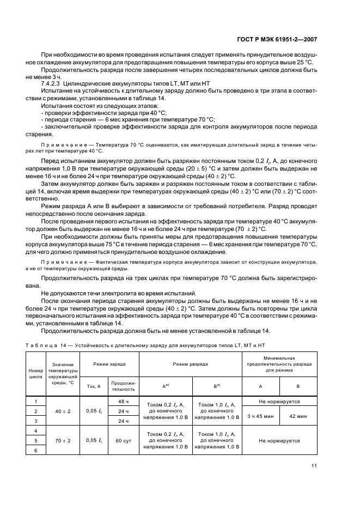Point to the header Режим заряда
pos(109,363)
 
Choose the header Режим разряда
pos(190,363)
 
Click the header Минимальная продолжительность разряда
pos(279,363)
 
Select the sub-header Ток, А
pos(94,386)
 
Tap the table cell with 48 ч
pos(123,402)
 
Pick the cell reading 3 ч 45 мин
pos(260,416)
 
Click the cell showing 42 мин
pos(298,416)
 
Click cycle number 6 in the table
pos(35,450)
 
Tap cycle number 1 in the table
pos(35,401)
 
